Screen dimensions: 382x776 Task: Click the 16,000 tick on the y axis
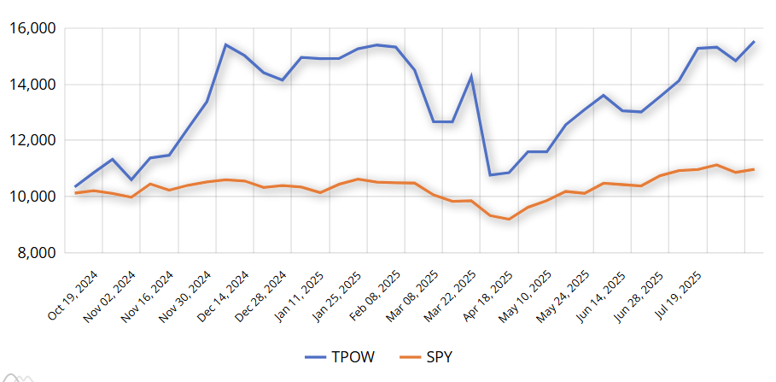tap(32, 28)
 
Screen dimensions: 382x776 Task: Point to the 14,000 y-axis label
tap(32, 85)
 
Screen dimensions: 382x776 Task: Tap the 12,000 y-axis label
tap(32, 140)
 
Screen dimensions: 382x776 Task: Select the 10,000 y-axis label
tap(32, 197)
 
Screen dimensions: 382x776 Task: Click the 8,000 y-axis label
tap(36, 253)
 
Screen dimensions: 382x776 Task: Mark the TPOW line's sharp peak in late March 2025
tap(471, 77)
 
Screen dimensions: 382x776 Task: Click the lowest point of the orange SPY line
tap(509, 220)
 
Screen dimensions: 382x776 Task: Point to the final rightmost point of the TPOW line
tap(754, 42)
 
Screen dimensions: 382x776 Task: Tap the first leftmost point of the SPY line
tap(75, 193)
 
